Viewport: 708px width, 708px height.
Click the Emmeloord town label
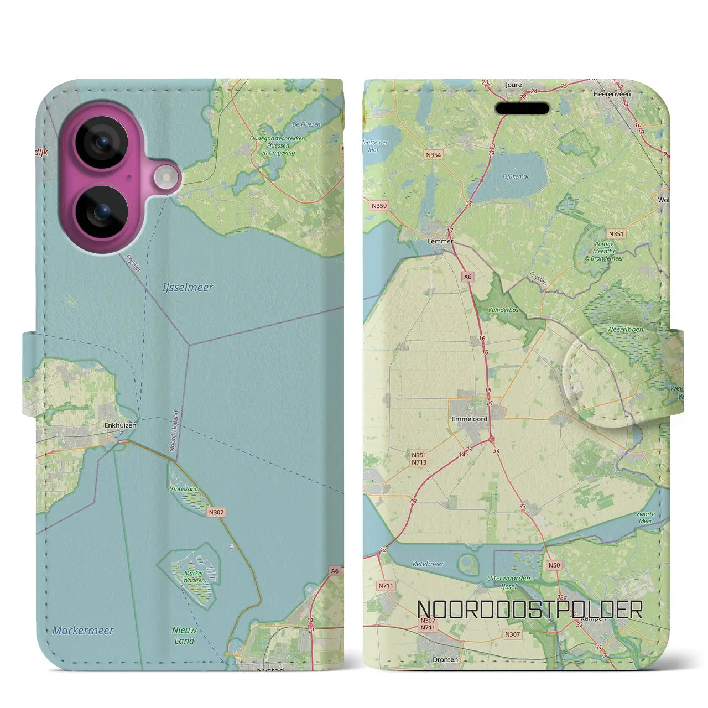pyautogui.click(x=469, y=419)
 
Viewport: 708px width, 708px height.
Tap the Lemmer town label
pyautogui.click(x=440, y=241)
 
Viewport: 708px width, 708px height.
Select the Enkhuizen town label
pyautogui.click(x=120, y=426)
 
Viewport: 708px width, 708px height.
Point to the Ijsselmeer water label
pyautogui.click(x=188, y=288)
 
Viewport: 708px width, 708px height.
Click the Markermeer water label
pyautogui.click(x=83, y=630)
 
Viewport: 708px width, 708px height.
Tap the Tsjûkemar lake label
pyautogui.click(x=516, y=178)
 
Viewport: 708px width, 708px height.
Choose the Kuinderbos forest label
pyautogui.click(x=504, y=310)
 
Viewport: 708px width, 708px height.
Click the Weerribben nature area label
pyautogui.click(x=625, y=329)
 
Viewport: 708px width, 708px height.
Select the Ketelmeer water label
pyautogui.click(x=428, y=564)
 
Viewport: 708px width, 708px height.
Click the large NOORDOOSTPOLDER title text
pyautogui.click(x=529, y=610)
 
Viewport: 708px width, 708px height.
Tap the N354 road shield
pyautogui.click(x=434, y=155)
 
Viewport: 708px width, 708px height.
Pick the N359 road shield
pyautogui.click(x=379, y=206)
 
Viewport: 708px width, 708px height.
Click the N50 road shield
pyautogui.click(x=554, y=565)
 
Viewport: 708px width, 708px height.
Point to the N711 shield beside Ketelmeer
pyautogui.click(x=386, y=585)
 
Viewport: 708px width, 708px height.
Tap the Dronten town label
pyautogui.click(x=445, y=659)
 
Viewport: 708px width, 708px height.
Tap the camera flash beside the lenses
pyautogui.click(x=164, y=178)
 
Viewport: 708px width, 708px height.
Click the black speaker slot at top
pyautogui.click(x=522, y=108)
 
